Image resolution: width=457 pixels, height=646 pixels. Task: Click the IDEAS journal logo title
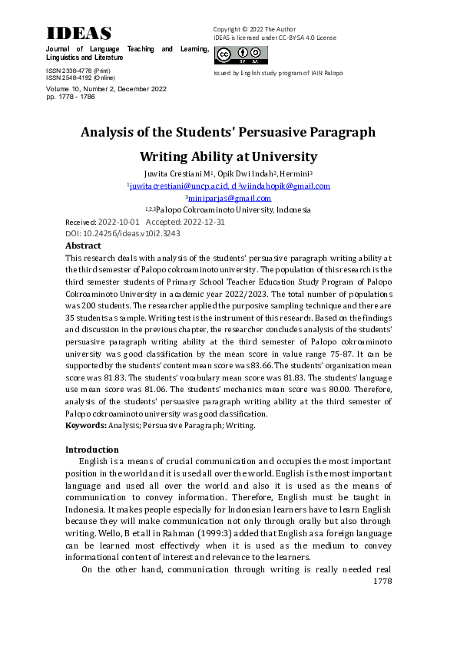(x=79, y=33)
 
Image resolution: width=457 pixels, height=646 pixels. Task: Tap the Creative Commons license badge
(x=241, y=55)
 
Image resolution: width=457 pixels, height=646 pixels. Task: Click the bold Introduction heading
(x=92, y=449)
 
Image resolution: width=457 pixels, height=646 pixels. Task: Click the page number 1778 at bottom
(x=382, y=582)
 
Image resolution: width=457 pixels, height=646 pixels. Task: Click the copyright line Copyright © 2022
(x=254, y=29)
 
